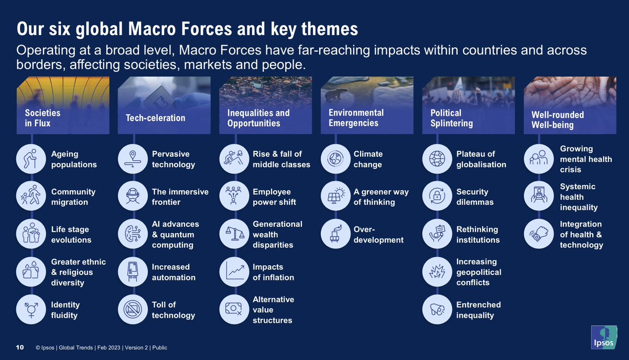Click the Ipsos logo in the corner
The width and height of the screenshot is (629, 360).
point(604,337)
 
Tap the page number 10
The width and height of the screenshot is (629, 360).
point(20,347)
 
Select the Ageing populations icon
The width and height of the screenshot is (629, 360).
point(31,159)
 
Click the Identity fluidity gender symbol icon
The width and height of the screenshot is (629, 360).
point(31,310)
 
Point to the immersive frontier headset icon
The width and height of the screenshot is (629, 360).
point(133,196)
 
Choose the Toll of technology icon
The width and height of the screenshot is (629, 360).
point(133,310)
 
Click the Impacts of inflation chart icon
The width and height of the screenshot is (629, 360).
point(234,271)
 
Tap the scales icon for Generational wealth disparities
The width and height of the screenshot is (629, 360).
point(234,234)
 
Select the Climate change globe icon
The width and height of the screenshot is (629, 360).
point(335,159)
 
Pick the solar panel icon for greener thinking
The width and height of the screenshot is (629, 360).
point(335,196)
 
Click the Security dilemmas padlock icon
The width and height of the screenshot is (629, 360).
point(437,196)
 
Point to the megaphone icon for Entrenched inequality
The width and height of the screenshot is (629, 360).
point(437,310)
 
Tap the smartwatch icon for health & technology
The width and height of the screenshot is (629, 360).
point(539,234)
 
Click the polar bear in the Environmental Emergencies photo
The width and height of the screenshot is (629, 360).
point(335,94)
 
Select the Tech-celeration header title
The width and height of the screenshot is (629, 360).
point(156,118)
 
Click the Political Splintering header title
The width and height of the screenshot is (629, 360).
point(451,118)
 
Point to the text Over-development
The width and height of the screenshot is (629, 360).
point(378,234)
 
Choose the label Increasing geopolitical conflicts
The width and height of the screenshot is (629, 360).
point(479,272)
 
